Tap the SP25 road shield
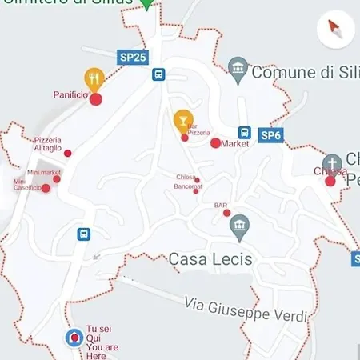[x=133, y=58]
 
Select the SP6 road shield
[x=272, y=135]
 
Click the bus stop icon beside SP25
[x=159, y=74]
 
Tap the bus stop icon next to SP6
[x=245, y=133]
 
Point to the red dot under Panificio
[x=96, y=99]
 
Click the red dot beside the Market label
[x=215, y=143]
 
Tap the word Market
[x=234, y=144]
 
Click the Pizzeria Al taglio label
[x=47, y=144]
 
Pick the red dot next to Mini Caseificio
[x=46, y=189]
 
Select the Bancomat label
[x=188, y=186]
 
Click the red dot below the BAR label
[x=227, y=213]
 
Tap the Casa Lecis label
[x=210, y=259]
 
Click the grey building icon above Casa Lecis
[x=238, y=226]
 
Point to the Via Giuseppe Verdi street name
[x=245, y=309]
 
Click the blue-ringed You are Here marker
[x=74, y=338]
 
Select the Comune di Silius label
[x=303, y=72]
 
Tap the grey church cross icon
[x=332, y=162]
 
